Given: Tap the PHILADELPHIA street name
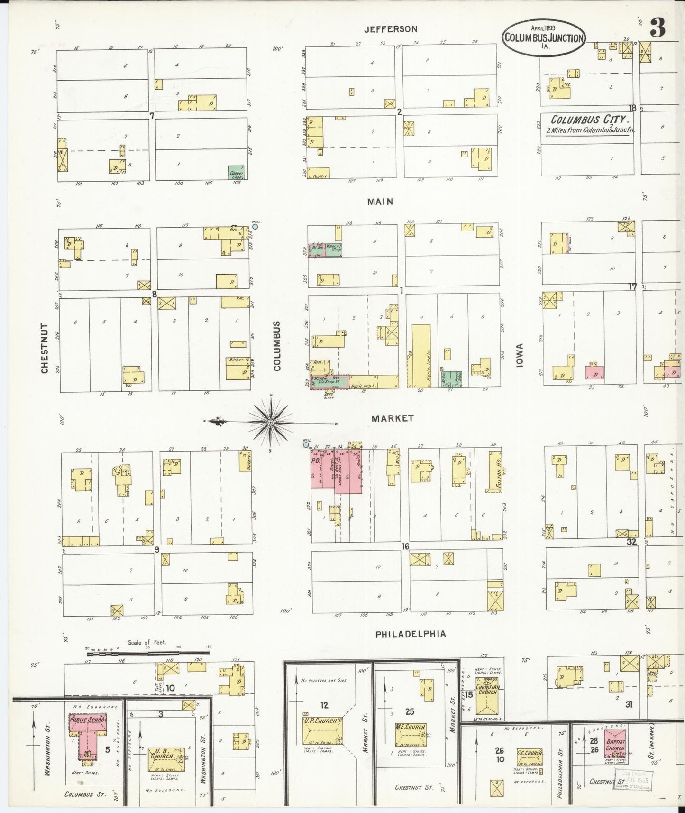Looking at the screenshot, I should pyautogui.click(x=411, y=634).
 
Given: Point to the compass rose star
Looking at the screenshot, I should pyautogui.click(x=270, y=422).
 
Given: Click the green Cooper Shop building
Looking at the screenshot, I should pyautogui.click(x=237, y=173).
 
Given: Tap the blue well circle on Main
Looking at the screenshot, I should pyautogui.click(x=255, y=226).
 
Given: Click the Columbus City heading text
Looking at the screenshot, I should pyautogui.click(x=590, y=120).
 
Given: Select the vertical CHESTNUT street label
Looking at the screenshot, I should pyautogui.click(x=45, y=348).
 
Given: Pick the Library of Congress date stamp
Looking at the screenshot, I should pyautogui.click(x=633, y=780).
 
